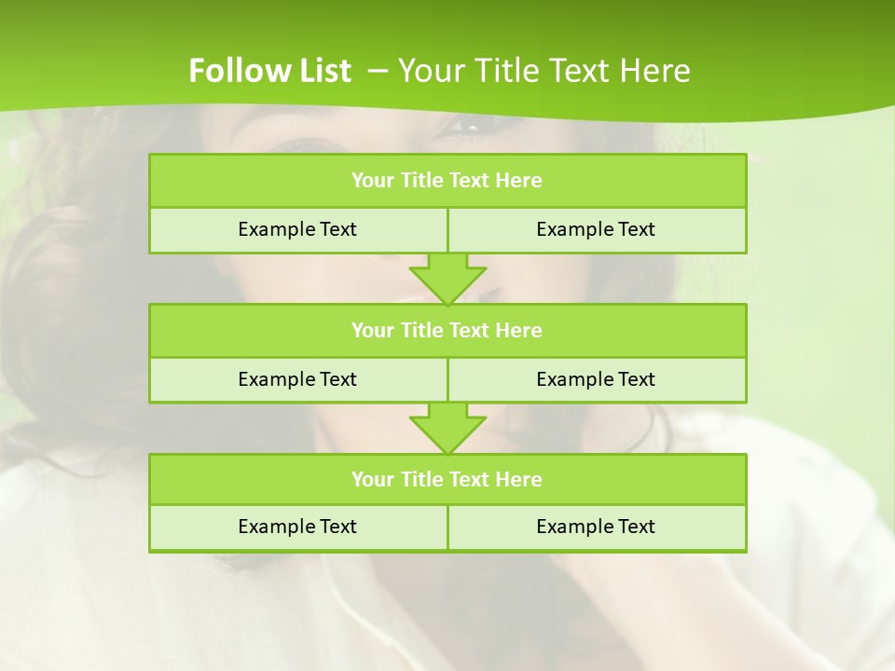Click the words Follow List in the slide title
tap(269, 71)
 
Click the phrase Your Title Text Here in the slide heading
tap(544, 71)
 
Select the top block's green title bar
tap(447, 181)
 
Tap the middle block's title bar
tap(447, 330)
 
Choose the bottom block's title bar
tap(447, 479)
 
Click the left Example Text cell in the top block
tap(297, 229)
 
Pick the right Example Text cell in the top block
tap(596, 229)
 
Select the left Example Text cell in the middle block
tap(297, 379)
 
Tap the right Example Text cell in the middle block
tap(596, 379)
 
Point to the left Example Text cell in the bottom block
tap(297, 527)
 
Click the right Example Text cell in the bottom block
tap(596, 527)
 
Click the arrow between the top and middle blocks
tap(447, 279)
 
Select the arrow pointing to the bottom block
tap(447, 428)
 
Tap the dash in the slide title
tap(378, 71)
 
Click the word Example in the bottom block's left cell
tap(276, 527)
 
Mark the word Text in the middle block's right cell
tap(635, 379)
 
